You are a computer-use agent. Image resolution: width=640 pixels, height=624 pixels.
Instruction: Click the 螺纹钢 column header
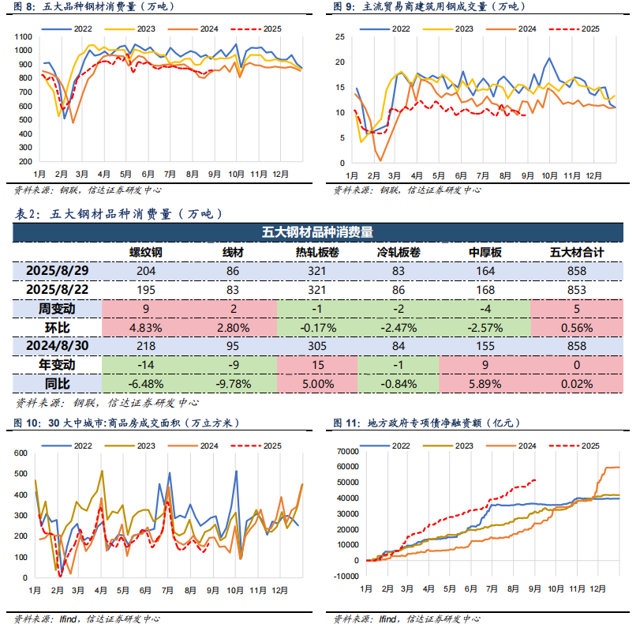(x=146, y=252)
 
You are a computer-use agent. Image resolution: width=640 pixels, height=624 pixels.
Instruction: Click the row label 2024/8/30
(x=57, y=346)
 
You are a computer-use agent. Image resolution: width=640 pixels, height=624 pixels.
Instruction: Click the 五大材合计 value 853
(x=576, y=289)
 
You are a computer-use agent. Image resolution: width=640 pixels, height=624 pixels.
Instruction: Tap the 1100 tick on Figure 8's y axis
(x=22, y=38)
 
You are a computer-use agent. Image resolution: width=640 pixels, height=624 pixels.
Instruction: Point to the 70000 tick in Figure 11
(x=346, y=451)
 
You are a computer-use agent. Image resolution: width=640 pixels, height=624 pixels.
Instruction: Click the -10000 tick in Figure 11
(x=345, y=577)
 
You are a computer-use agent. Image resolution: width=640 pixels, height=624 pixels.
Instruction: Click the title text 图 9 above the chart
(x=342, y=6)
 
